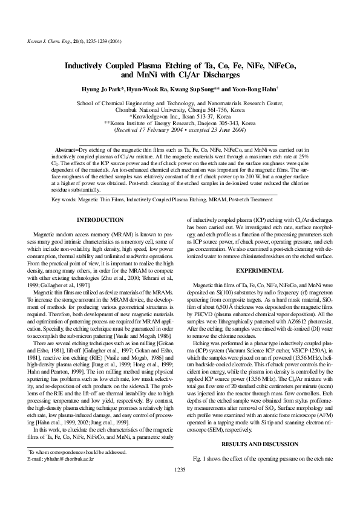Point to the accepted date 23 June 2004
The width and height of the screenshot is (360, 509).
[220, 129]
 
